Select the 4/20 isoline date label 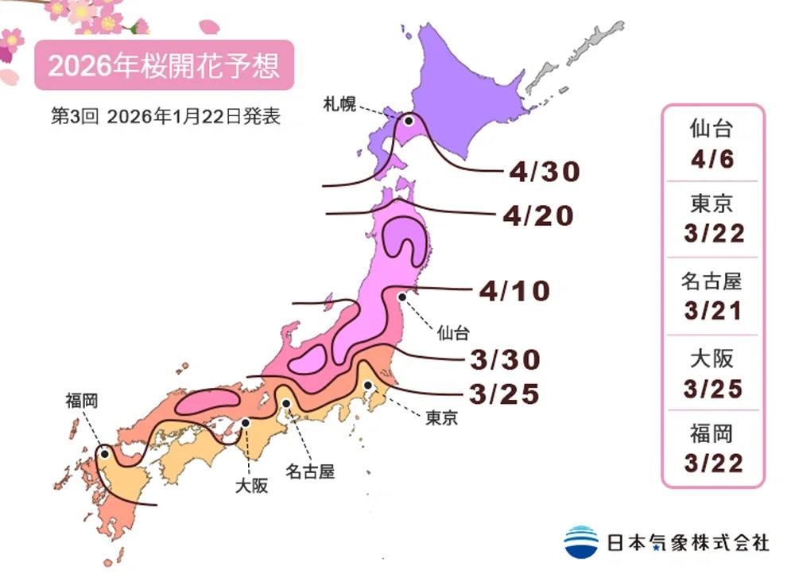click(x=537, y=215)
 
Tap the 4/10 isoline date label click(x=514, y=291)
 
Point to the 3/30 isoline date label click(x=506, y=360)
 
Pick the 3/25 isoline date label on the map click(x=506, y=393)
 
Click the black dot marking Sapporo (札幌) click(x=409, y=122)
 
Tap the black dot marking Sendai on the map click(x=402, y=297)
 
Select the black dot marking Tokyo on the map click(x=369, y=386)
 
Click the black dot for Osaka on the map click(x=246, y=423)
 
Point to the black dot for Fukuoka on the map click(x=104, y=454)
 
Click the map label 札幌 click(x=339, y=103)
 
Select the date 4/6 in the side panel click(x=712, y=158)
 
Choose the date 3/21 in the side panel click(x=712, y=311)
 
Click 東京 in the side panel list click(x=712, y=204)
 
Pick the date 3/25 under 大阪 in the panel click(x=712, y=387)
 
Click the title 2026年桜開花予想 click(x=164, y=65)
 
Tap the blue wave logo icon click(x=581, y=542)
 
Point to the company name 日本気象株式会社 click(x=688, y=543)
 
